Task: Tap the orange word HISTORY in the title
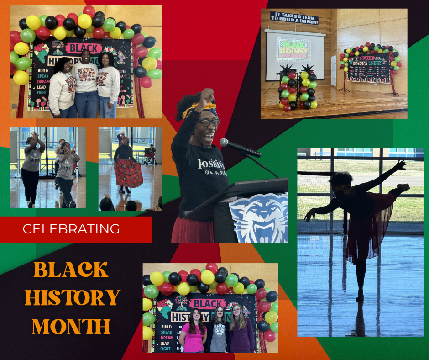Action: point(72,298)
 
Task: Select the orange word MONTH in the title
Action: point(71,326)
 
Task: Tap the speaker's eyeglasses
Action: point(209,122)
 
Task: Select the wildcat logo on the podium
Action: point(258,218)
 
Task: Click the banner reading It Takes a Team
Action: point(294,17)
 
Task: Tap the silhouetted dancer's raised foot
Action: point(403,186)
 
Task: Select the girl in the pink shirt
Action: point(193,333)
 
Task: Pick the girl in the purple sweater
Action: point(241,333)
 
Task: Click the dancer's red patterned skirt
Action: point(128,172)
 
